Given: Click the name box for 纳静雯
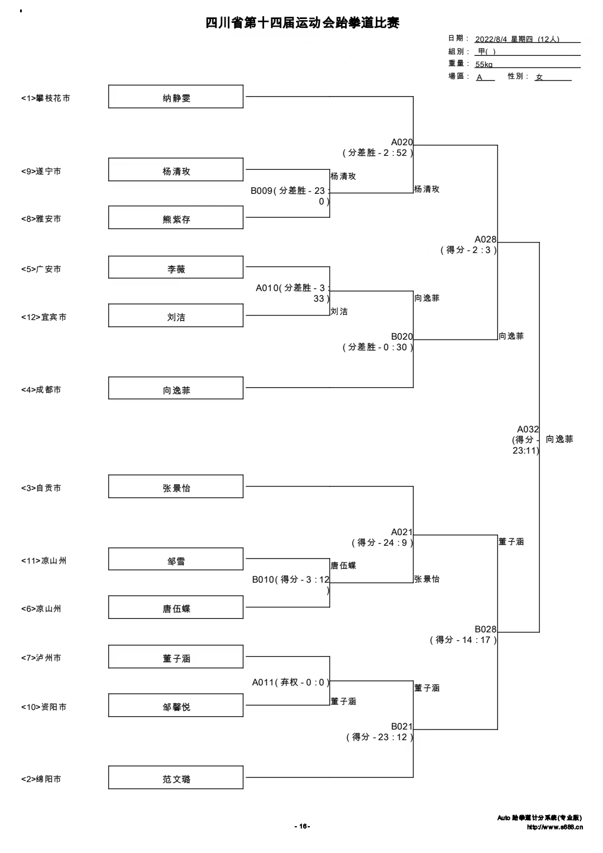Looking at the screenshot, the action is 176,97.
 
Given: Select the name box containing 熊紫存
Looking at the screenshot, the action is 176,217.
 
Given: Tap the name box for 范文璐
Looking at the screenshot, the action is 176,777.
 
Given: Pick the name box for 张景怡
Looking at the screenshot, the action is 176,487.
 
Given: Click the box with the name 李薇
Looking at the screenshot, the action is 176,268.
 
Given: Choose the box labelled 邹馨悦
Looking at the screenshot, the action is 176,706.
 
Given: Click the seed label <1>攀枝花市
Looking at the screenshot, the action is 46,98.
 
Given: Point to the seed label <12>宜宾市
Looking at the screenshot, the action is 44,317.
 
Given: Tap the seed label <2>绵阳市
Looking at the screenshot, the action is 41,779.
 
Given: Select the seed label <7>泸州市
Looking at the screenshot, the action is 41,657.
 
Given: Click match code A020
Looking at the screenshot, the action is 402,142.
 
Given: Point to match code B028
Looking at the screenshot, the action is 485,629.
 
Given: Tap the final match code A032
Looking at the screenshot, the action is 528,429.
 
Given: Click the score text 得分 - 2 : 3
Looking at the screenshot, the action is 468,250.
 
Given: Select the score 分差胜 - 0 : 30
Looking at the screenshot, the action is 377,347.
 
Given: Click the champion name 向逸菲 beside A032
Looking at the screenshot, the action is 559,439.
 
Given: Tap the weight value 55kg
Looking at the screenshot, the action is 484,64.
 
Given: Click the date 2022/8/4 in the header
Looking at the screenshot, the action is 491,39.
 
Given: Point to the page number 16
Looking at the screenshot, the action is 303,826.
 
